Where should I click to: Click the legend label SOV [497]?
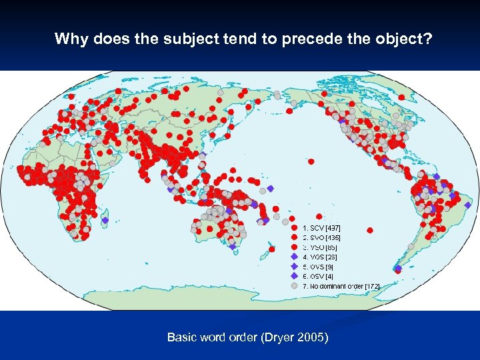pyautogui.click(x=322, y=228)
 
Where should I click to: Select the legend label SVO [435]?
pyautogui.click(x=322, y=237)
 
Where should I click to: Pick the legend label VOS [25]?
pyautogui.click(x=320, y=257)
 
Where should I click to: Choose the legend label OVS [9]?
pyautogui.click(x=319, y=267)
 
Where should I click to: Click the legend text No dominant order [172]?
pyautogui.click(x=341, y=286)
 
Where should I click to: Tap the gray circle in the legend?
pyautogui.click(x=294, y=286)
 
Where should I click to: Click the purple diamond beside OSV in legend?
pyautogui.click(x=294, y=276)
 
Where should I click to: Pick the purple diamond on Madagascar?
pyautogui.click(x=105, y=220)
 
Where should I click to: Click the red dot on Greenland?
pyautogui.click(x=402, y=97)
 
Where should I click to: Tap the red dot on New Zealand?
pyautogui.click(x=272, y=249)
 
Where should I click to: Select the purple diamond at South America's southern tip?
pyautogui.click(x=398, y=269)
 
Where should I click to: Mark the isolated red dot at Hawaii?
pyautogui.click(x=311, y=161)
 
